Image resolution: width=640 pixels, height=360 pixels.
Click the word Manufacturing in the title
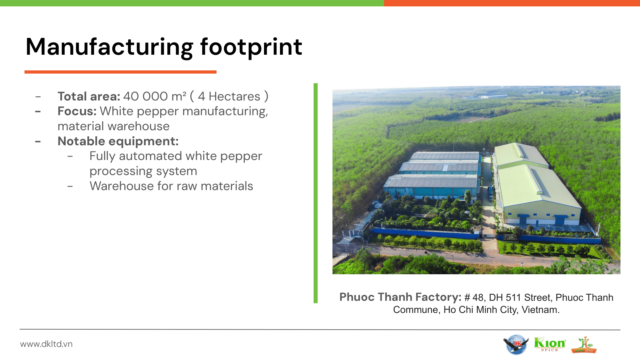[x=110, y=47]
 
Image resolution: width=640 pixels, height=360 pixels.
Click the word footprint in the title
[x=251, y=47]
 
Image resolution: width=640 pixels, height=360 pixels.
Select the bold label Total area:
[x=89, y=96]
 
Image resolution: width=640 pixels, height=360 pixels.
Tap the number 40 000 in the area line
[x=146, y=96]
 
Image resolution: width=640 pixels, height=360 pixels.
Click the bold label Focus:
[x=77, y=111]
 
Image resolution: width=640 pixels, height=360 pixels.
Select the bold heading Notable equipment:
[x=118, y=141]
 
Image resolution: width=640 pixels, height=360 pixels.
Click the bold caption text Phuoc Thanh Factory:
[x=400, y=297]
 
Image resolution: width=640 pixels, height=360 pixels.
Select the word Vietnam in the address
[x=540, y=310]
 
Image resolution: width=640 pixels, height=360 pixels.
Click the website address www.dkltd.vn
[x=46, y=344]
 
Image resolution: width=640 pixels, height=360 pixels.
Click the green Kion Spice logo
[x=550, y=344]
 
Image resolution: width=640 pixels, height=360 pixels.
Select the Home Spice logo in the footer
[x=584, y=345]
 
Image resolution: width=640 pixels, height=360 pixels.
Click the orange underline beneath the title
[x=121, y=72]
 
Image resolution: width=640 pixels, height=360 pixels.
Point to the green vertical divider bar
[x=316, y=193]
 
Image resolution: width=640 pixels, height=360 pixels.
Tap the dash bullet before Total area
[x=38, y=97]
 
